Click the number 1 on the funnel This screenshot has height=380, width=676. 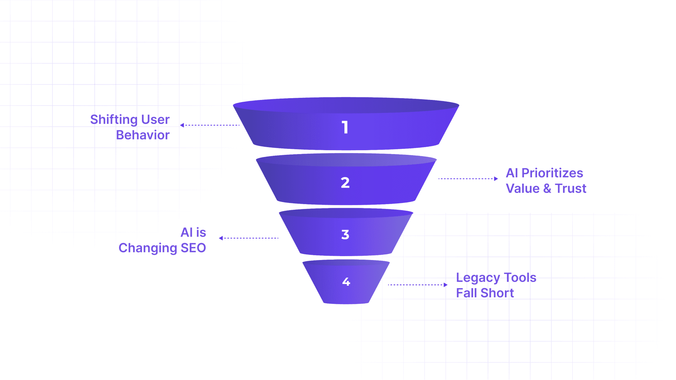345,127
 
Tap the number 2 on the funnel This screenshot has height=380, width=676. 345,183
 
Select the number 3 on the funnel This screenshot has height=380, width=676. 345,235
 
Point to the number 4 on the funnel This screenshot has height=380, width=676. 346,281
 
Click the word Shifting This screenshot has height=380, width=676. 114,120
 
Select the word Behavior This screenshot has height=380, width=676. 143,135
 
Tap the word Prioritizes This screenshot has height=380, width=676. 552,173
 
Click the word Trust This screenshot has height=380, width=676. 570,189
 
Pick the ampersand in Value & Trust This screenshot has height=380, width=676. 547,189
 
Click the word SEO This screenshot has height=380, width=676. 193,248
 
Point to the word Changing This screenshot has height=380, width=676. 148,248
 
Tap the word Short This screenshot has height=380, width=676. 497,293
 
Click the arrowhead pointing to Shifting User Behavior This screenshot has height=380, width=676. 182,125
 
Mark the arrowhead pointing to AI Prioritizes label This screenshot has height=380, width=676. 496,179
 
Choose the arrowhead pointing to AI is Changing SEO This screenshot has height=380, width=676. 221,238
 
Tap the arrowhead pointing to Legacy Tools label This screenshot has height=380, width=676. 445,285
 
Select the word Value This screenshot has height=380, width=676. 522,189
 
